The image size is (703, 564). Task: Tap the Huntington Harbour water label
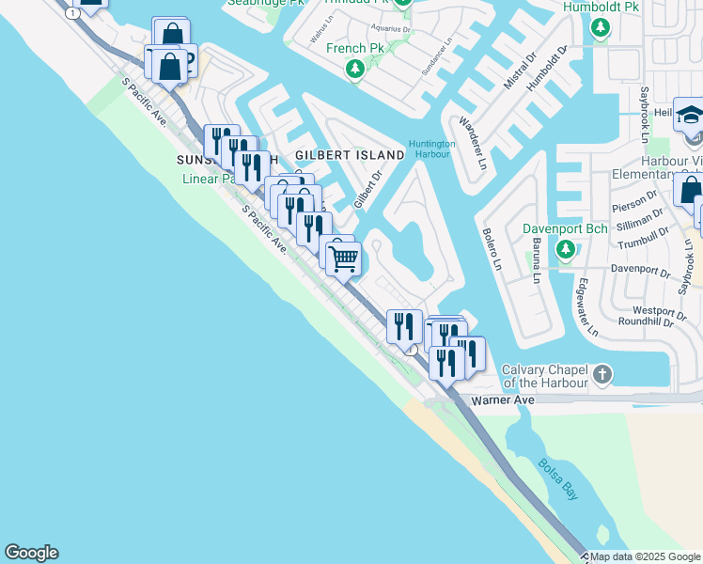coord(431,149)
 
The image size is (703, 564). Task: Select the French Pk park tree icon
coord(355,69)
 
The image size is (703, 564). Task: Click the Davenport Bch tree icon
coord(565,249)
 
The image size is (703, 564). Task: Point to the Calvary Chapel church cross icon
coord(602,375)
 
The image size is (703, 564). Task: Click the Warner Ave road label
coord(502,399)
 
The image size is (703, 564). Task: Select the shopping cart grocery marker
coord(344,256)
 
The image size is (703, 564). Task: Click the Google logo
coord(31,553)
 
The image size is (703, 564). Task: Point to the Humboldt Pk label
coord(601,7)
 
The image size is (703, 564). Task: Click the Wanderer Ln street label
coord(472,143)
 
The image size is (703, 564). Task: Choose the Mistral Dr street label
coord(518,73)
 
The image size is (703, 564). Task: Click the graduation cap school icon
coord(690,115)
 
